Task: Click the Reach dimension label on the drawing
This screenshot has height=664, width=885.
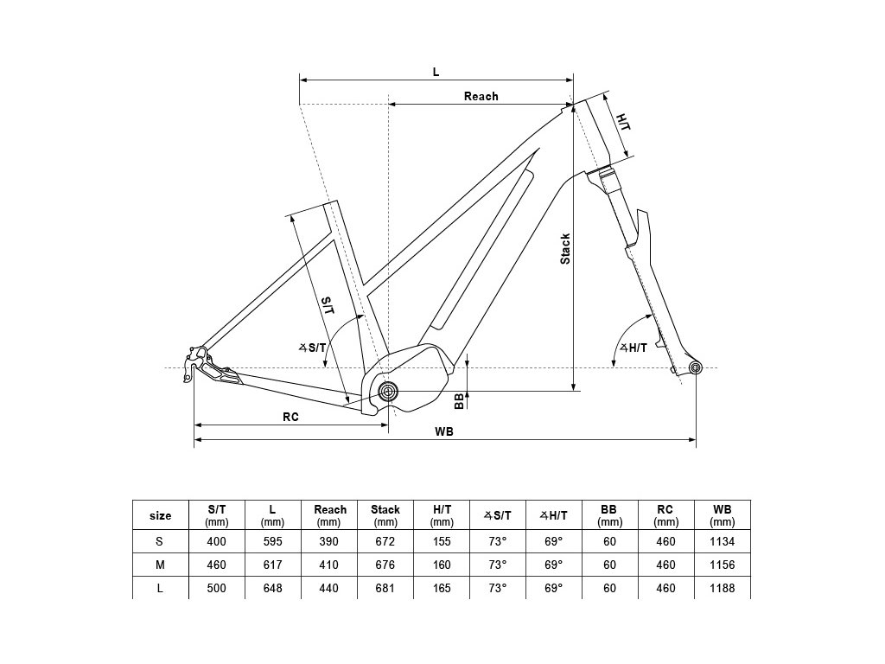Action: (x=481, y=96)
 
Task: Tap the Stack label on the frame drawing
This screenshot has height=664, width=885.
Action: (x=565, y=248)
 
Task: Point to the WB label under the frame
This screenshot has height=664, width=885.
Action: (x=445, y=431)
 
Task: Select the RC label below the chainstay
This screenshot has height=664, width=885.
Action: (x=290, y=416)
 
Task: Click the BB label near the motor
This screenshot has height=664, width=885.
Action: (x=460, y=399)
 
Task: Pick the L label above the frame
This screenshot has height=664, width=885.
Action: (x=436, y=71)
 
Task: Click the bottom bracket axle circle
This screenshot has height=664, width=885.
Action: (x=388, y=392)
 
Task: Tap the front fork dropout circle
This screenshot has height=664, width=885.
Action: (x=696, y=369)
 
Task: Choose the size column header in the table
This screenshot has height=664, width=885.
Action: (x=161, y=515)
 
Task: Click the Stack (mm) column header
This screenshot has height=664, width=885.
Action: (x=385, y=515)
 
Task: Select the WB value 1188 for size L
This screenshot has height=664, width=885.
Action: (x=722, y=588)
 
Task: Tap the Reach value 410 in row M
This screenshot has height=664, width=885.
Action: (x=329, y=565)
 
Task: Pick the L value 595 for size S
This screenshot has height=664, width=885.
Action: (x=272, y=541)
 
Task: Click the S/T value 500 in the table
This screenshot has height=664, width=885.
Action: (x=216, y=588)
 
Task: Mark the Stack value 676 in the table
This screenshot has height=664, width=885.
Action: (x=385, y=565)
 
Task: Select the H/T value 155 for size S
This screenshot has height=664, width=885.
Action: (x=442, y=541)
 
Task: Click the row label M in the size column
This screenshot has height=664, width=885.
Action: (x=161, y=565)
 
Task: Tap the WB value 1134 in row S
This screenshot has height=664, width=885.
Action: (x=722, y=541)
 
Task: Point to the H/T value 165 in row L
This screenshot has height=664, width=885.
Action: (x=442, y=588)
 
